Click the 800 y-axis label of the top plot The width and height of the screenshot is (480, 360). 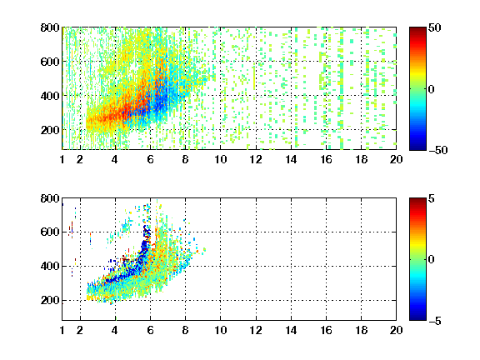pos(50,27)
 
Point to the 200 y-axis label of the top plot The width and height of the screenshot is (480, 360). pos(50,130)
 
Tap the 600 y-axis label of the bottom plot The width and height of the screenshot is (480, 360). pos(50,232)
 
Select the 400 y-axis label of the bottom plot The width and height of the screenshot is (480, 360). pos(50,266)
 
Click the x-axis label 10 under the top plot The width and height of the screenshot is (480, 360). pos(220,159)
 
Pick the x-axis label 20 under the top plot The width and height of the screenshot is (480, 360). pos(396,159)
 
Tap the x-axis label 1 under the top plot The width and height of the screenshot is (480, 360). pos(62,159)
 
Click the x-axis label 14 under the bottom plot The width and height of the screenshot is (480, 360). pos(291,330)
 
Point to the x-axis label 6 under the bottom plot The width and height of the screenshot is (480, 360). pos(150,330)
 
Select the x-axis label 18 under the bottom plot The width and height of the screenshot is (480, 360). pos(361,330)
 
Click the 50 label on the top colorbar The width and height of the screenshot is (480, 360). pos(434,28)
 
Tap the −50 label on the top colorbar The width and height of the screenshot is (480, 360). pos(438,150)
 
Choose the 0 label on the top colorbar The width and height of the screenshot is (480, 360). pos(431,89)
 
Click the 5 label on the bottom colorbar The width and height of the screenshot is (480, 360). pos(431,199)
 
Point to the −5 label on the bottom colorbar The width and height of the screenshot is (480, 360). pos(435,321)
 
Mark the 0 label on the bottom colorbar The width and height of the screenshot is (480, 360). pos(431,260)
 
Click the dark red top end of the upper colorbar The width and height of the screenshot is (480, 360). pos(417,29)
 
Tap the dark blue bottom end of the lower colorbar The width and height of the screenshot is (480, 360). pos(417,317)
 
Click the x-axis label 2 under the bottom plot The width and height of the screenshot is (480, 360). pos(80,330)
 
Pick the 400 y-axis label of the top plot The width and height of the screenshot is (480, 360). pos(50,96)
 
